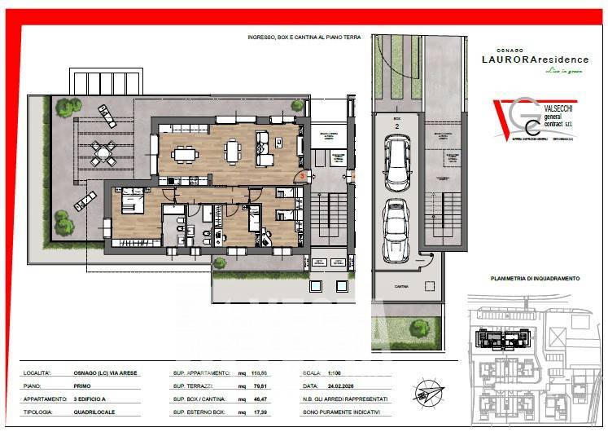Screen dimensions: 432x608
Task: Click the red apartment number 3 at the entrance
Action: [x=302, y=175]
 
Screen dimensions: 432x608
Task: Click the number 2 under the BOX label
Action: [x=396, y=127]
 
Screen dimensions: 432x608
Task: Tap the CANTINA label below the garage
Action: [x=400, y=287]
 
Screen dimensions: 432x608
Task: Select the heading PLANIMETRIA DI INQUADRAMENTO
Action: [x=535, y=279]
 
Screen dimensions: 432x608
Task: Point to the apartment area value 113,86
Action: [x=260, y=372]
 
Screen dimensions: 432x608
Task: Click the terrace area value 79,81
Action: [x=260, y=386]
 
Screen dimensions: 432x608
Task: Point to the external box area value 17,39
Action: [x=260, y=412]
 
